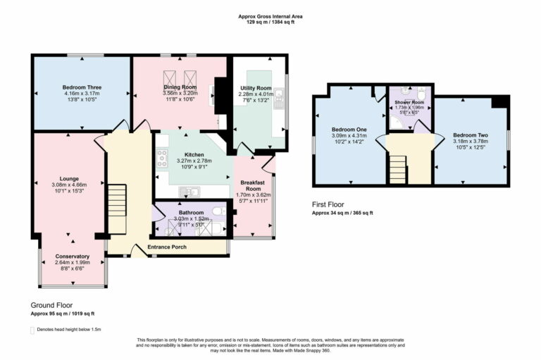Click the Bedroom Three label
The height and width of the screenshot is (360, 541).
(82, 87)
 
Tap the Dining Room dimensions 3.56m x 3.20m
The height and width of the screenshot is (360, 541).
(180, 92)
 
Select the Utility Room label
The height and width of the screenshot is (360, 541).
(255, 87)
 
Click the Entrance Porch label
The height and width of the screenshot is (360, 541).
(167, 248)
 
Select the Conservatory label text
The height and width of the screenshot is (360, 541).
(72, 256)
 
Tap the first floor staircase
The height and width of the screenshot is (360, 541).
(398, 170)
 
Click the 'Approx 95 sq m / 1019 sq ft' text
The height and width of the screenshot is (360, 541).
(62, 314)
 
